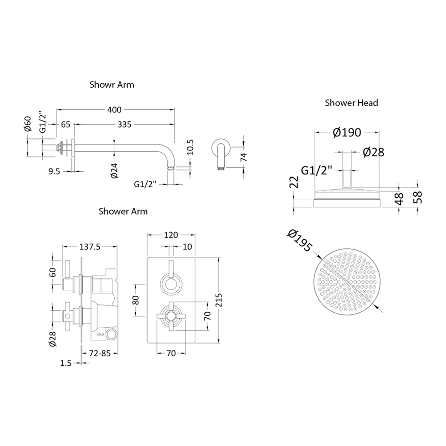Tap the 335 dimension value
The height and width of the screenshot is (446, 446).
[125, 124]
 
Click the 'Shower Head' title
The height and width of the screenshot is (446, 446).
[351, 103]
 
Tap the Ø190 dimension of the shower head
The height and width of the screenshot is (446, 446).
[347, 132]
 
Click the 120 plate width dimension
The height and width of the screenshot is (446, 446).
[171, 235]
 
